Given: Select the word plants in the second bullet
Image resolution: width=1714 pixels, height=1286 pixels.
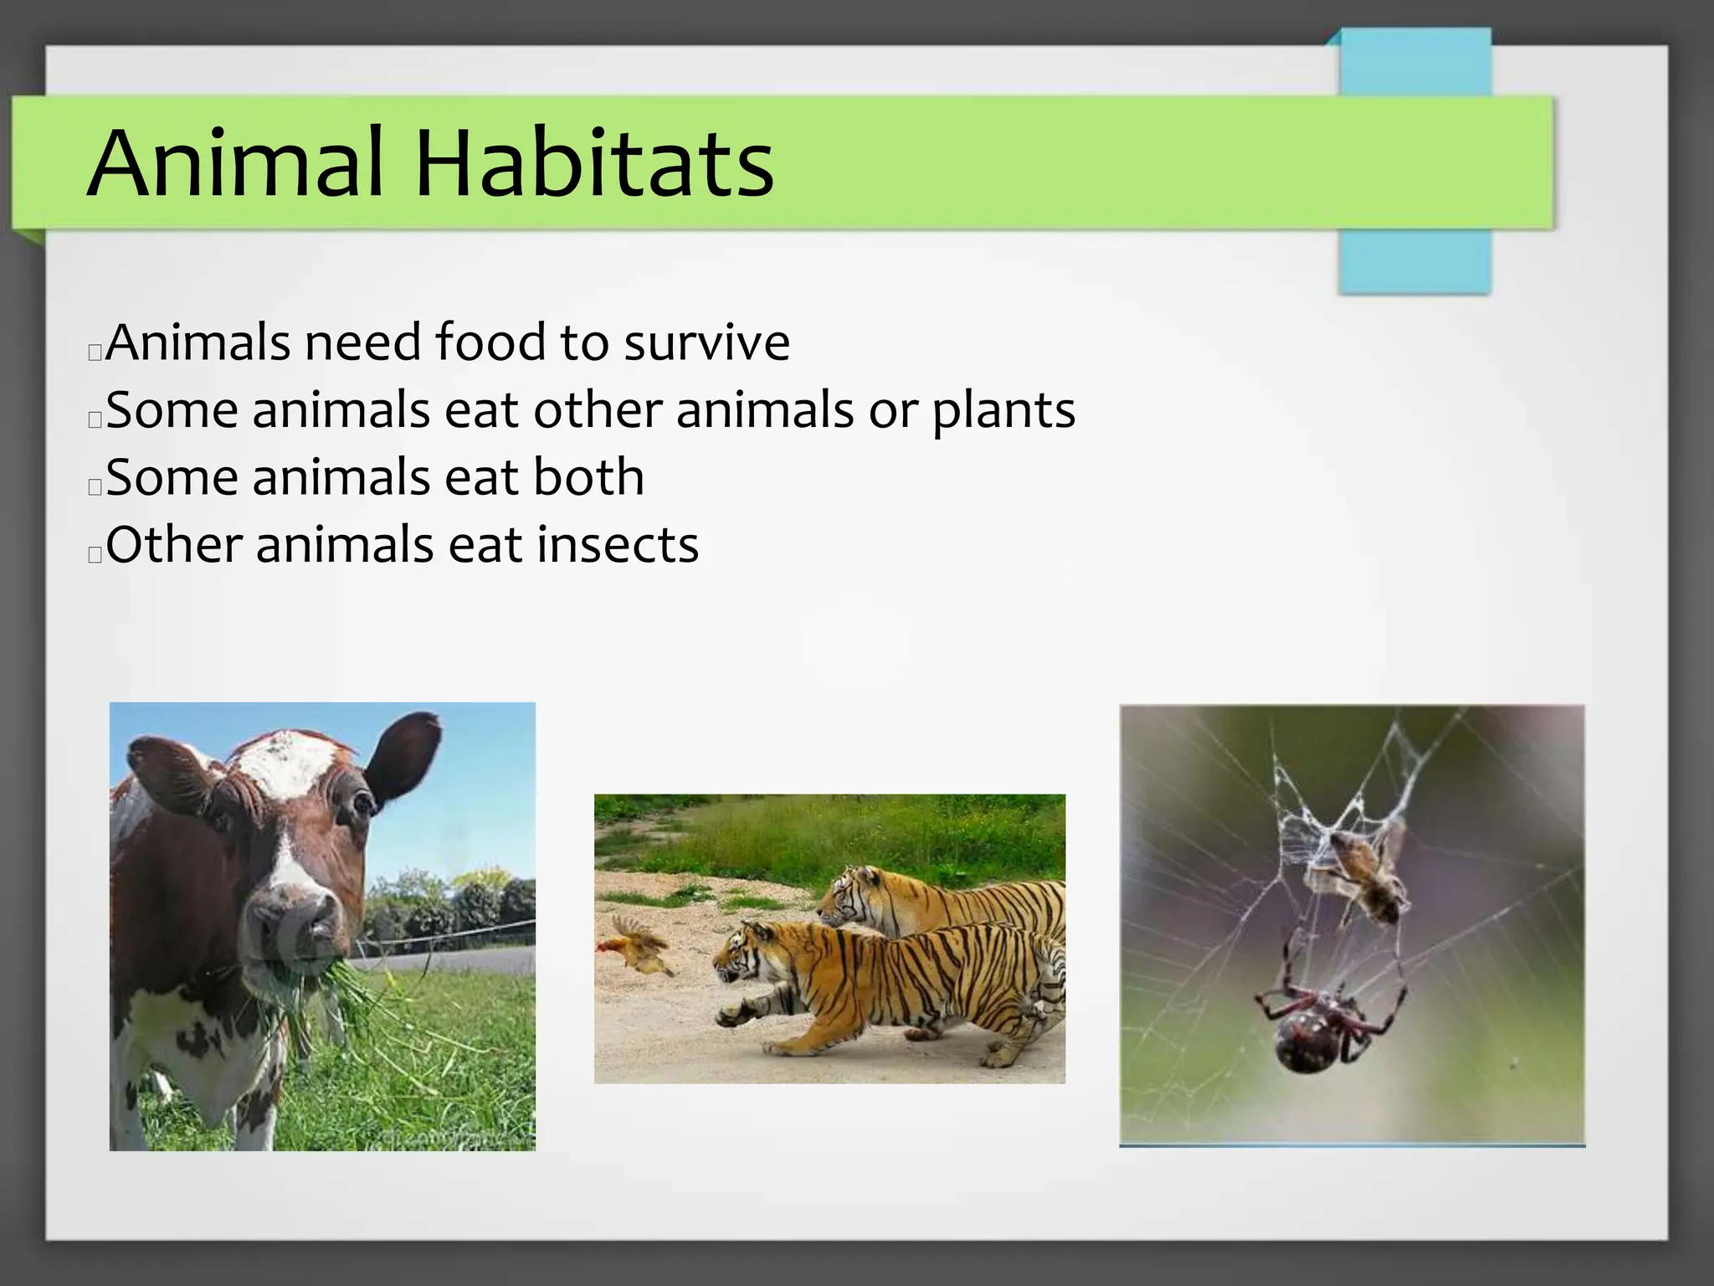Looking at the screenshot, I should click(1003, 411).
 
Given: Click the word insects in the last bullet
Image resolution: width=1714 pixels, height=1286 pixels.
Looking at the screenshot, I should click(618, 546).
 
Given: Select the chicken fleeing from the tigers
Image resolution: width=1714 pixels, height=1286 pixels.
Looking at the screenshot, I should click(636, 946).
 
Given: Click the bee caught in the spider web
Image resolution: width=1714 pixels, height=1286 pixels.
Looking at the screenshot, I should click(1364, 875).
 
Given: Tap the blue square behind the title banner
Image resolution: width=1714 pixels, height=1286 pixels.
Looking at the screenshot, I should click(1414, 260).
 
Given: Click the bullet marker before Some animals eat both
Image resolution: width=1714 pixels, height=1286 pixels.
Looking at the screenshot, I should click(95, 486).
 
